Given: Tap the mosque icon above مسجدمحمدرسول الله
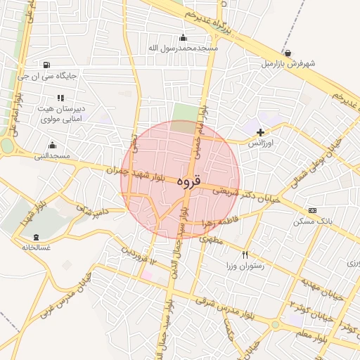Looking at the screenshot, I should pyautogui.click(x=184, y=38).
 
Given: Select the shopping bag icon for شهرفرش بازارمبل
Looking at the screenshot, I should pyautogui.click(x=288, y=53).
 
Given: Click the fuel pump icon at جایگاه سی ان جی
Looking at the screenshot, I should pyautogui.click(x=46, y=65).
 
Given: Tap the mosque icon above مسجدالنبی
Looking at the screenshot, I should pyautogui.click(x=52, y=145).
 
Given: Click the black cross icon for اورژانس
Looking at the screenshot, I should pyautogui.click(x=261, y=131).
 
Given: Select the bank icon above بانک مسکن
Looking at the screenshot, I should pyautogui.click(x=312, y=210).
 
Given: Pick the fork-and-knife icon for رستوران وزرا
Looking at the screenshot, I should pyautogui.click(x=245, y=255).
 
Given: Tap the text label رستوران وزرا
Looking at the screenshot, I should pyautogui.click(x=240, y=266).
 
